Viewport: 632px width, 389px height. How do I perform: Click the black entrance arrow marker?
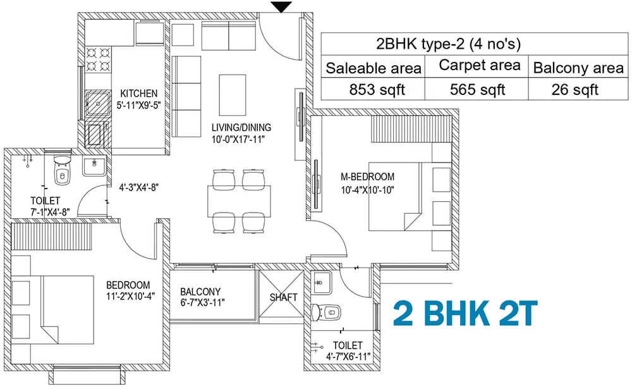coord(281,7)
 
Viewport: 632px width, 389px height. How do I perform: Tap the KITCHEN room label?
coord(138,94)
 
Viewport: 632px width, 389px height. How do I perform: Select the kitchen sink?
coord(97,105)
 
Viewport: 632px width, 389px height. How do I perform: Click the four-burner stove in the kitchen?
coord(99,59)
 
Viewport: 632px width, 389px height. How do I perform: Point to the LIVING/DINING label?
coord(241,128)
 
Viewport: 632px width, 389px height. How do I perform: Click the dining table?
coord(239,201)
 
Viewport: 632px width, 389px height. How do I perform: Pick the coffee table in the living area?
coord(233,96)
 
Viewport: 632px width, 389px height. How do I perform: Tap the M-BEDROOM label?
coord(367,176)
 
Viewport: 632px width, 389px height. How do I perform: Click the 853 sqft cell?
coord(377,90)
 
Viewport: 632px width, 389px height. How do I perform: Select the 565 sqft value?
coord(477,90)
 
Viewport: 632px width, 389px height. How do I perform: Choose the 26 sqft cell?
coord(574,90)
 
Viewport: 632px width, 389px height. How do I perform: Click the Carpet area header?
coord(480,65)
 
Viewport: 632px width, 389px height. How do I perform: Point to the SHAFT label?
coord(283,297)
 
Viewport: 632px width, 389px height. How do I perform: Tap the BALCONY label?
coord(200,292)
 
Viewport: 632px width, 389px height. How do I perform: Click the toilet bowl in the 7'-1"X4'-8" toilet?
coord(62,171)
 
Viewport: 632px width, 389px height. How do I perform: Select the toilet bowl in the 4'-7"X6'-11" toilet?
coord(327,312)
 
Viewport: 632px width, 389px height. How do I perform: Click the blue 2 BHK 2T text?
coord(466,313)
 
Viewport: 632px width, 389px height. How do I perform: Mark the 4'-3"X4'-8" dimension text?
coord(138,188)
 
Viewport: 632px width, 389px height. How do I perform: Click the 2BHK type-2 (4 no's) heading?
coord(448,44)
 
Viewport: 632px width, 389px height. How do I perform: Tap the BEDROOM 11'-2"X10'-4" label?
coord(130,290)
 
